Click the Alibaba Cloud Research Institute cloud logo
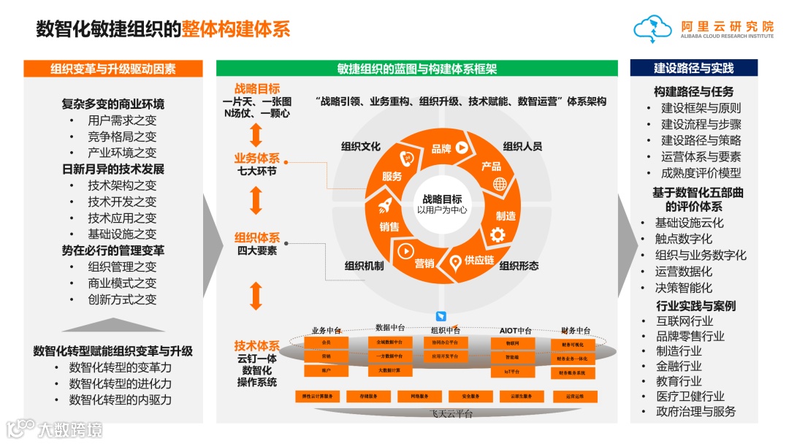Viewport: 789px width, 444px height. tap(652, 28)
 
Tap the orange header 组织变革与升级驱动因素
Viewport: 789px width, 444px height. tap(113, 69)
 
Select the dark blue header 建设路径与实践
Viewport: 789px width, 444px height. tap(693, 68)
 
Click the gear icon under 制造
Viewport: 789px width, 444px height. tap(498, 234)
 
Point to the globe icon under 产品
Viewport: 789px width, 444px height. tap(500, 183)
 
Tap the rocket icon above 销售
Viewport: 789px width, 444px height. tap(386, 207)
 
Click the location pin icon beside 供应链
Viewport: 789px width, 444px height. tap(455, 261)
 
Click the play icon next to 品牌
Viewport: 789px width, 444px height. tap(462, 147)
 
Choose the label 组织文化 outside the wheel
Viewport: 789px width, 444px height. tap(361, 146)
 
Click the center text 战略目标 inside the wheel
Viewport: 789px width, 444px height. tap(442, 199)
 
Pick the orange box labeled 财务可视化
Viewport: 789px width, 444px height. tap(572, 344)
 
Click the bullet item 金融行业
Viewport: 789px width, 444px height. tap(679, 366)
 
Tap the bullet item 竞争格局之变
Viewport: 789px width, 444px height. tap(122, 137)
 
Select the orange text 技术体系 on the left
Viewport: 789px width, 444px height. tap(256, 345)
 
